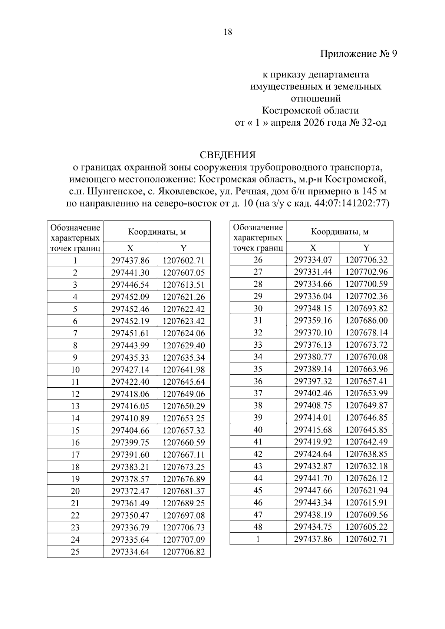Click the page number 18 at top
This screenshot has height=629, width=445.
coord(228,32)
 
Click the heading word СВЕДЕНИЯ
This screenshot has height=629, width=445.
coord(228,155)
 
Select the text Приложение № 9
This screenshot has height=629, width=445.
coord(358,54)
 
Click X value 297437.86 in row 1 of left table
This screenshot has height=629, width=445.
coord(130,261)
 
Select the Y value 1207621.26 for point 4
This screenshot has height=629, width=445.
coord(184,297)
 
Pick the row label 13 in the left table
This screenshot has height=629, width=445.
coord(75,406)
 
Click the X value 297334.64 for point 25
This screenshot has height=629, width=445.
coord(130,552)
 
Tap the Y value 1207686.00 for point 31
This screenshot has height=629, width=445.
coord(366,321)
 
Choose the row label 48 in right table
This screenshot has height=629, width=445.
coord(258,527)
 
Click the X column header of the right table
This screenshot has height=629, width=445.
coord(313,248)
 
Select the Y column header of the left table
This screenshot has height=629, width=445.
coord(184,248)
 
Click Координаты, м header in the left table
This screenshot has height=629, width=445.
coord(157,232)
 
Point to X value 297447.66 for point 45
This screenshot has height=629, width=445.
coord(313,490)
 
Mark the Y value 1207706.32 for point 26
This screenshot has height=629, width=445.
coord(366,260)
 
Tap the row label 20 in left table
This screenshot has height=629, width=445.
coord(75,491)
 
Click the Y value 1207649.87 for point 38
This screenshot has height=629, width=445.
coord(366,405)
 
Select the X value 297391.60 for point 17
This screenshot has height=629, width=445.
coord(130,455)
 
